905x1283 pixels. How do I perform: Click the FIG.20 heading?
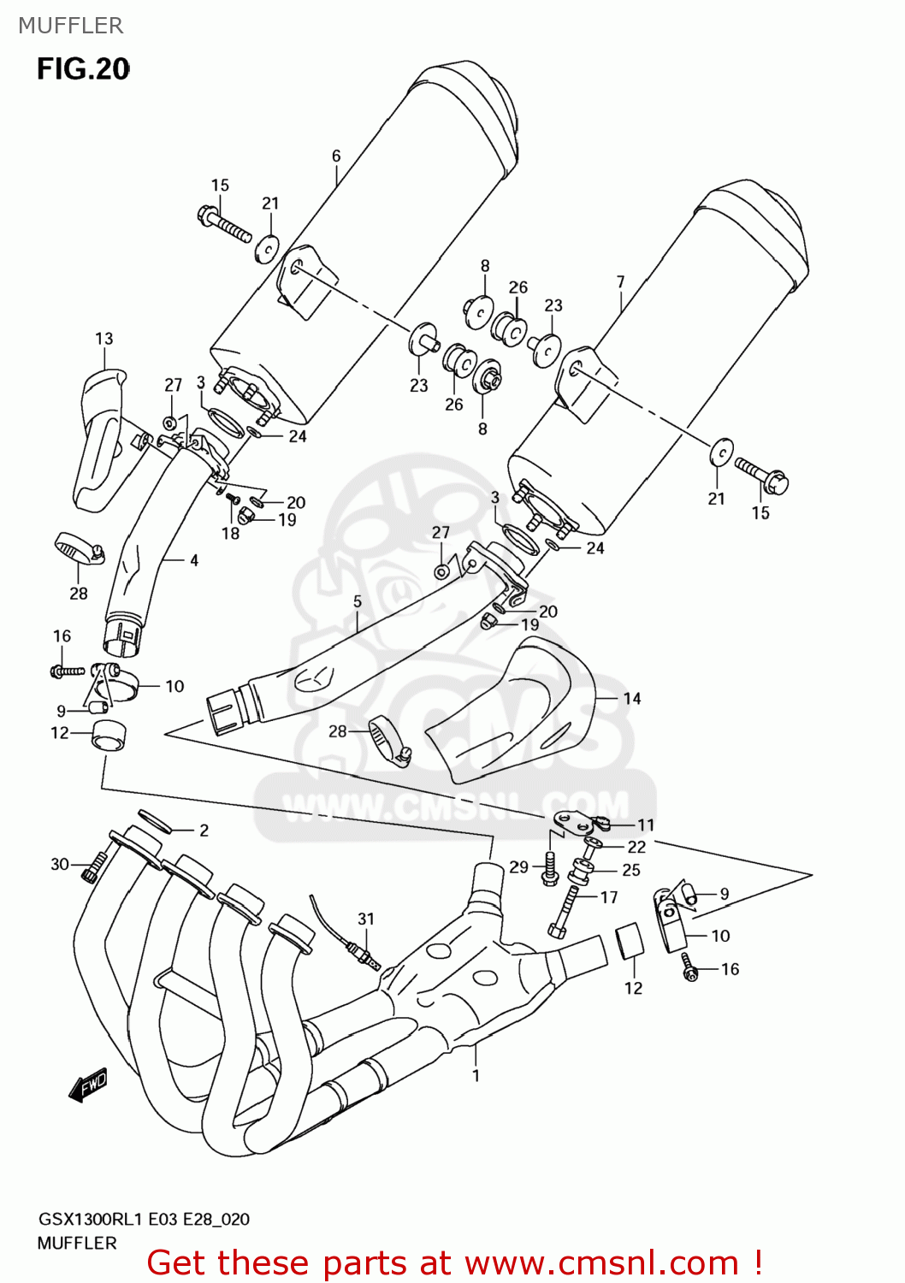[83, 68]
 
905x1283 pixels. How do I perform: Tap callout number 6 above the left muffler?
[336, 156]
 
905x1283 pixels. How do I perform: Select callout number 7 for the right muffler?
[620, 281]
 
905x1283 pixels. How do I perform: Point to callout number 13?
[104, 339]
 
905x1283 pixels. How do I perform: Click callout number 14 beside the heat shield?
[632, 698]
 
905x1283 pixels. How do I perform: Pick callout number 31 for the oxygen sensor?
[366, 919]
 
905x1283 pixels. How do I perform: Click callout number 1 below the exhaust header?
[476, 1075]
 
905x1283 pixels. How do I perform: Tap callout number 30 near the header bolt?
[60, 864]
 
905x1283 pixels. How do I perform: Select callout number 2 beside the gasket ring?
[204, 830]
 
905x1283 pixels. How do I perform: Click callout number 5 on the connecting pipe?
[358, 601]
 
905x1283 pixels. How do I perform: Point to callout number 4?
[194, 560]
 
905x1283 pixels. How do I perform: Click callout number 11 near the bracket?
[646, 825]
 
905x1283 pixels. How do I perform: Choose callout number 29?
[519, 866]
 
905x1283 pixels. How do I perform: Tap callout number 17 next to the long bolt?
[609, 897]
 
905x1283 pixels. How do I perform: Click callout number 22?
[637, 847]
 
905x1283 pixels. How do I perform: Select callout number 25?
[631, 870]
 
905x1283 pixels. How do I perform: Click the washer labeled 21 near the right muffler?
[722, 451]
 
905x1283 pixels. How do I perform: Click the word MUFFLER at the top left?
[71, 26]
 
